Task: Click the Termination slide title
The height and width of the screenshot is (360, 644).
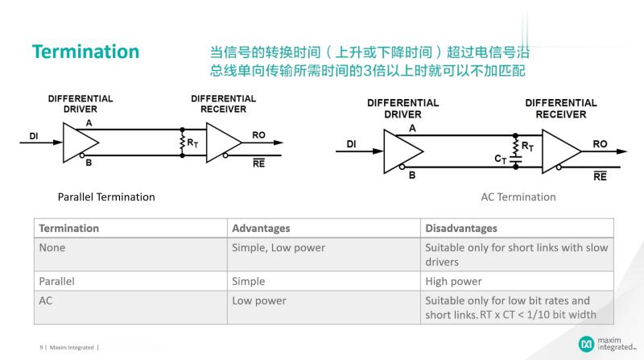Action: (x=85, y=52)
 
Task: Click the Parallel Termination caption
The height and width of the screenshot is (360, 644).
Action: (x=106, y=197)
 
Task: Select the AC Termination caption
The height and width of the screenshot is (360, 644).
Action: (x=518, y=197)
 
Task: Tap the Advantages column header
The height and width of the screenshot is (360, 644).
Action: (x=261, y=228)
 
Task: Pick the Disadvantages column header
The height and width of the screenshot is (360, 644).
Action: (x=461, y=228)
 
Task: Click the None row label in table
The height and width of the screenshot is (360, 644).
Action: (x=52, y=248)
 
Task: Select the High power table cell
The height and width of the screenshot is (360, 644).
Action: (x=453, y=281)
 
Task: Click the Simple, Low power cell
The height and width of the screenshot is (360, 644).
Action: (x=279, y=248)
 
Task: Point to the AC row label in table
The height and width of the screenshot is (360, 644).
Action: (x=46, y=300)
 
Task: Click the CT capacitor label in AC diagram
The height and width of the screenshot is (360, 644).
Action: (x=501, y=159)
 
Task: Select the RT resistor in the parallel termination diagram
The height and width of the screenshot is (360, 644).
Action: (x=184, y=142)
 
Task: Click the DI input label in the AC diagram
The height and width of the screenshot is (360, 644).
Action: (x=352, y=144)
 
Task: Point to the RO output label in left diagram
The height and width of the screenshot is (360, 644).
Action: (x=258, y=135)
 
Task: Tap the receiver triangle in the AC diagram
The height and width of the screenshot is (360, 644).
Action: (x=560, y=151)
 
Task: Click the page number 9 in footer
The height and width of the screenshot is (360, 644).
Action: (x=41, y=347)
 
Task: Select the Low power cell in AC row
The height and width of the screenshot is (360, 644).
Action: (x=259, y=300)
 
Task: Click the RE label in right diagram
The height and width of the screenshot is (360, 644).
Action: (x=600, y=176)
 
